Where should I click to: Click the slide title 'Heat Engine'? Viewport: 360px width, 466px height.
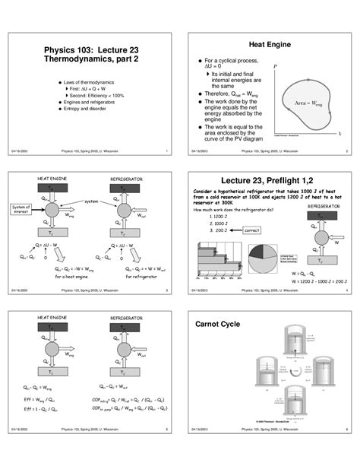(x=271, y=45)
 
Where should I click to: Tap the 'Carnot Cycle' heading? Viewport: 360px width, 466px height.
(x=218, y=324)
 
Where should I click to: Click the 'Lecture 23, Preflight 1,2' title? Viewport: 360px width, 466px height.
(x=271, y=181)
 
